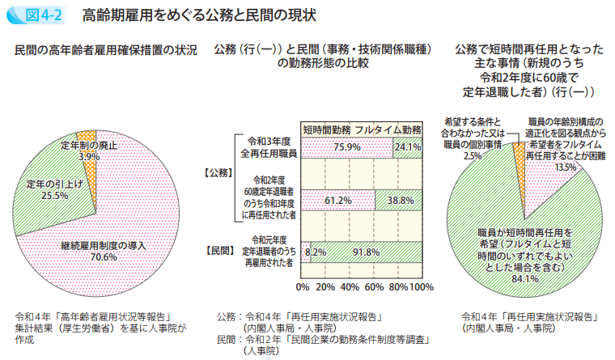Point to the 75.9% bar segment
click(346, 147)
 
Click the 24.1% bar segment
click(408, 147)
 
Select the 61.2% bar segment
click(338, 199)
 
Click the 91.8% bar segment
click(366, 252)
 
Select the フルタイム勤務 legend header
click(388, 129)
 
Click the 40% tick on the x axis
click(350, 287)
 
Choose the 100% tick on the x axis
click(422, 287)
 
